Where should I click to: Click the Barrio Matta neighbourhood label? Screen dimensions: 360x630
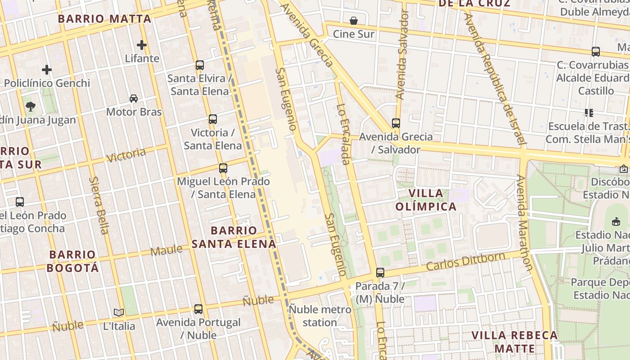104,19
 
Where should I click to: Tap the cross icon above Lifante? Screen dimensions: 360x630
142,45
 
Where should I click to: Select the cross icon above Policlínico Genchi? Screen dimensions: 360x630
47,70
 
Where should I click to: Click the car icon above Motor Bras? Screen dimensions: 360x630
134,99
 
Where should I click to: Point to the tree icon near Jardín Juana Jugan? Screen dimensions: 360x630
31,107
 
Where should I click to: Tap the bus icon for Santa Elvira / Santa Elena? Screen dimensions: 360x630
200,65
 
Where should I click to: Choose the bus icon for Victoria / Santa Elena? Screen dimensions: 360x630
213,119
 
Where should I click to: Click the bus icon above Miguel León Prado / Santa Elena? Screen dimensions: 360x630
223,168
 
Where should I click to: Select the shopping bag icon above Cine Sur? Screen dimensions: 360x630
354,21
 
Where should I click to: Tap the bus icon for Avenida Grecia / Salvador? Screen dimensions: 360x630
396,123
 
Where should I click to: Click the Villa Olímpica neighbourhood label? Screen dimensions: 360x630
426,200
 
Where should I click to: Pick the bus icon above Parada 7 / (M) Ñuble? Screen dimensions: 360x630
380,273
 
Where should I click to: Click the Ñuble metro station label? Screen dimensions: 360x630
319,316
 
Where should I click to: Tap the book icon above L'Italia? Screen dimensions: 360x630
119,312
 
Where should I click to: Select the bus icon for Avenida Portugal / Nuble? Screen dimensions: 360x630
198,309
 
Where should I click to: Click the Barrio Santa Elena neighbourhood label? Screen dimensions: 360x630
234,237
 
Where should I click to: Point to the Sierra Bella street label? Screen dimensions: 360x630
99,205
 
